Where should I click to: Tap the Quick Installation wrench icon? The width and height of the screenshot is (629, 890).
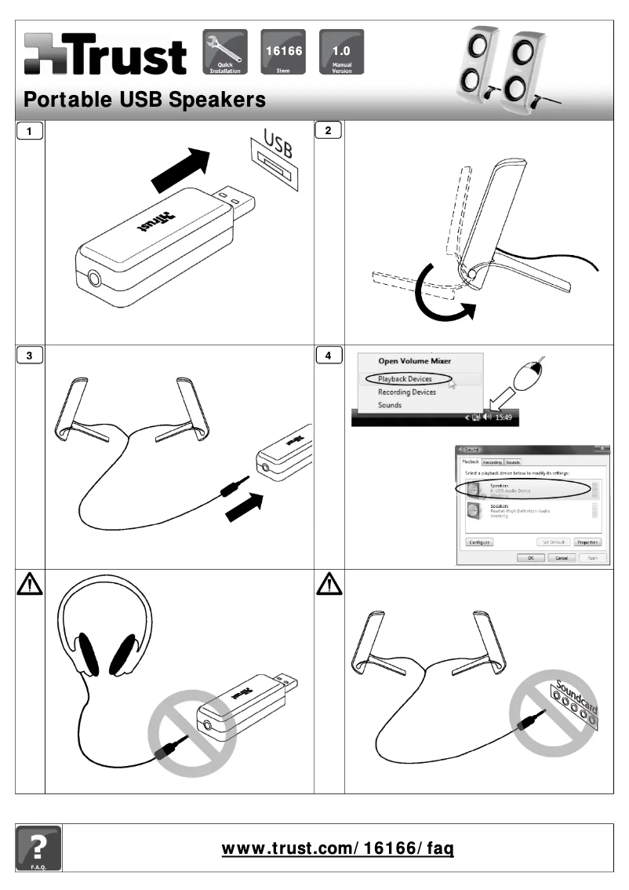coord(225,51)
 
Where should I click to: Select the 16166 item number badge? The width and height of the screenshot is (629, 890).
coord(282,51)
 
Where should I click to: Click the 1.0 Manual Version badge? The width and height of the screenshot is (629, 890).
coord(341,51)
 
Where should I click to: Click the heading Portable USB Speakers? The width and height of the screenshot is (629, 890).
coord(145,100)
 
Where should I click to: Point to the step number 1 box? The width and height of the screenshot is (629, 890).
coord(30,131)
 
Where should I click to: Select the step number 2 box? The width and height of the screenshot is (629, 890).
coord(328,131)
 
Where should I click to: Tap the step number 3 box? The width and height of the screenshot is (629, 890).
coord(30,356)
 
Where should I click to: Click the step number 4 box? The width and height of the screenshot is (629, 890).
coord(328,356)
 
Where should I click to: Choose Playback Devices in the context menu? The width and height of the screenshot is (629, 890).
coord(405,379)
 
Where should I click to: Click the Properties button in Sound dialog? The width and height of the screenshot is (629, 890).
coord(587,542)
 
